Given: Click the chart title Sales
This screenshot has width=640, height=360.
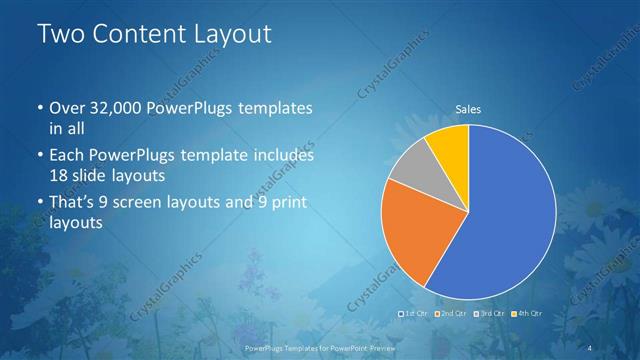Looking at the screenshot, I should (469, 108).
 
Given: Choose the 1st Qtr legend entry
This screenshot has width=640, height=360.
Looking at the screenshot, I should (414, 314).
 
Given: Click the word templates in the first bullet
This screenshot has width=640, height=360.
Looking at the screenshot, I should (279, 108).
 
